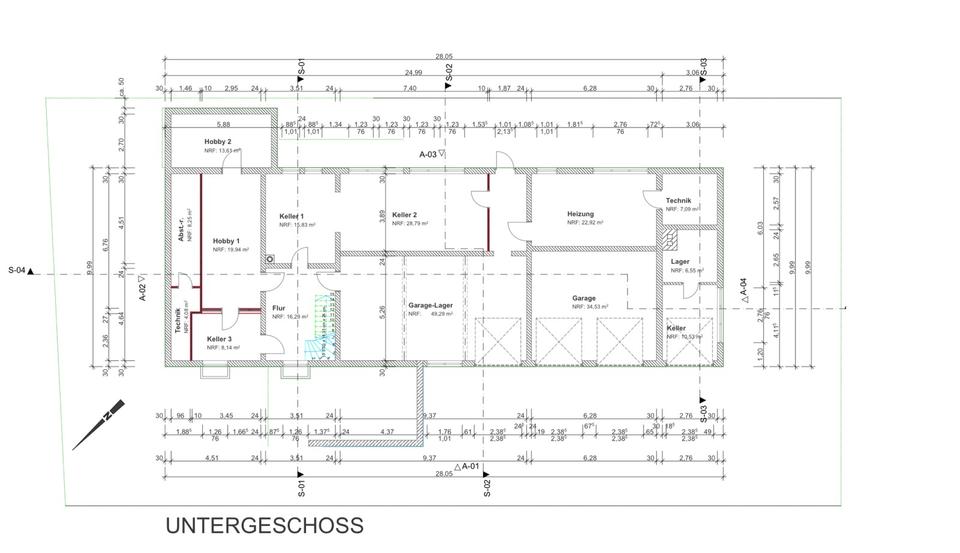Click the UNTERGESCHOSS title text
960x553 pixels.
point(264,525)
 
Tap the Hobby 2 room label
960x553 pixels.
point(218,142)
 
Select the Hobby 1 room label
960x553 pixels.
point(226,241)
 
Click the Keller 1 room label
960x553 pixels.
point(292,216)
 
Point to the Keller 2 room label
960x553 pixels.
point(404,215)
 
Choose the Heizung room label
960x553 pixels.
point(580,214)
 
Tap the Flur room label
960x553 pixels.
point(278,308)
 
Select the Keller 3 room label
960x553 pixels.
point(219,339)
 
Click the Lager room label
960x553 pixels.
point(680,262)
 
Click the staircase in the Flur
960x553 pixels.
point(320,325)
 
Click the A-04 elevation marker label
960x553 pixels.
point(742,289)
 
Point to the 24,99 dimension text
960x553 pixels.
point(413,73)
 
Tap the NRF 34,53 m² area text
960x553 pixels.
point(590,306)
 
